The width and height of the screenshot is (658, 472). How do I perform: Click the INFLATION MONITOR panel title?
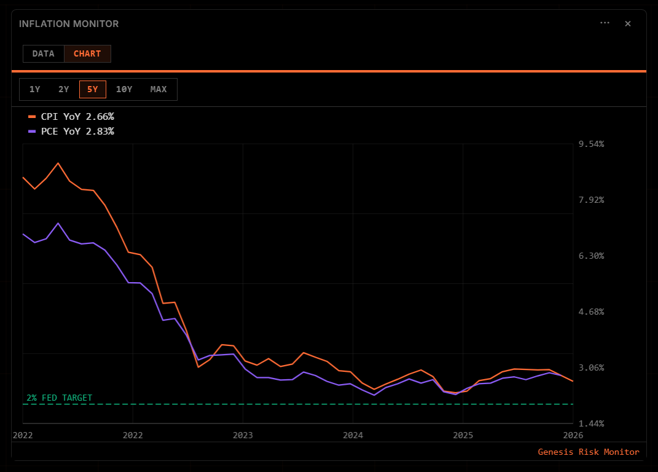[x=69, y=24]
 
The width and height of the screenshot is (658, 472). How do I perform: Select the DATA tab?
[x=44, y=53]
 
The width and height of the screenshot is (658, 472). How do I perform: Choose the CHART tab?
[x=87, y=53]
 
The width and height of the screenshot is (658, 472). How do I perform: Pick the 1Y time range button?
[x=34, y=89]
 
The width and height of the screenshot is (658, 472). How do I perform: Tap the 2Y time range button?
[x=64, y=89]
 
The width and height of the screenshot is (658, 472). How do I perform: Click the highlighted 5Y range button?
[x=93, y=89]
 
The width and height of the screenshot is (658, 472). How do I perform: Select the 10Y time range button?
[x=124, y=89]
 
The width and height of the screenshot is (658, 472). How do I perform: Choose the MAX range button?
[x=159, y=89]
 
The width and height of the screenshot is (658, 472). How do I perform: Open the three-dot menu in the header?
[x=605, y=23]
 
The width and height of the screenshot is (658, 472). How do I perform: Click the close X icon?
[x=628, y=23]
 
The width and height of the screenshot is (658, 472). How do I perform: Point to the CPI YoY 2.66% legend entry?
[x=71, y=116]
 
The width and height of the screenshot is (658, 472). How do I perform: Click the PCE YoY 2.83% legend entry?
[x=71, y=131]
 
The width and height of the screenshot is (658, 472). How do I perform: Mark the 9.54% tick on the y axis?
[x=592, y=144]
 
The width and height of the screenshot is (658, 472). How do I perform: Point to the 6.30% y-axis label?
[x=592, y=256]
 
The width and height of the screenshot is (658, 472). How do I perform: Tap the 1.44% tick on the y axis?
[x=592, y=423]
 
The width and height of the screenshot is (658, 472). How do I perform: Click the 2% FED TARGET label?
[x=60, y=398]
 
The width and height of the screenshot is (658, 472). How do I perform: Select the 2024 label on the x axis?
[x=353, y=435]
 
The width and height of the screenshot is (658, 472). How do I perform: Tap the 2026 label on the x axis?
[x=573, y=435]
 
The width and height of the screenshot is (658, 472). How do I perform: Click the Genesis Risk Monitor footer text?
[x=589, y=452]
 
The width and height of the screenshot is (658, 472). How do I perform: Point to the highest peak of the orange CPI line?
[x=58, y=163]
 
